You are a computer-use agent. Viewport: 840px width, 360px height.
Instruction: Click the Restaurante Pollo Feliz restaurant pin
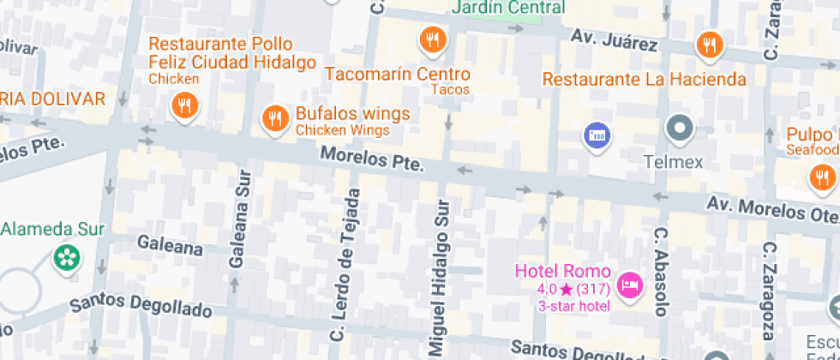click(183, 106)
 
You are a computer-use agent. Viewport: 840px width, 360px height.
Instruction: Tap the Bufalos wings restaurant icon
click(274, 119)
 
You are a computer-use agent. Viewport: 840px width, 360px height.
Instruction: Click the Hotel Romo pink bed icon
click(630, 285)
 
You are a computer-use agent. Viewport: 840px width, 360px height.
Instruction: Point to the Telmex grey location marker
click(680, 129)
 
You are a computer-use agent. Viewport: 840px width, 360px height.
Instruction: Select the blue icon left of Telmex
click(597, 135)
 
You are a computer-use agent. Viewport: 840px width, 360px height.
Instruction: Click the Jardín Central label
click(508, 8)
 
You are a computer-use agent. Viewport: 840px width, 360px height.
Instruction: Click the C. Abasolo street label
click(661, 270)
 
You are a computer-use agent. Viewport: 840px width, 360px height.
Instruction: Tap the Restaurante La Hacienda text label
click(645, 80)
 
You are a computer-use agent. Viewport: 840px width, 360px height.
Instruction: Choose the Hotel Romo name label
click(562, 271)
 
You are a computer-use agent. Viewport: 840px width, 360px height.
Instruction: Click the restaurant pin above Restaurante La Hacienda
click(709, 45)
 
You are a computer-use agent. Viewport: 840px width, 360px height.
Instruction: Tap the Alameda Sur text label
click(53, 229)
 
